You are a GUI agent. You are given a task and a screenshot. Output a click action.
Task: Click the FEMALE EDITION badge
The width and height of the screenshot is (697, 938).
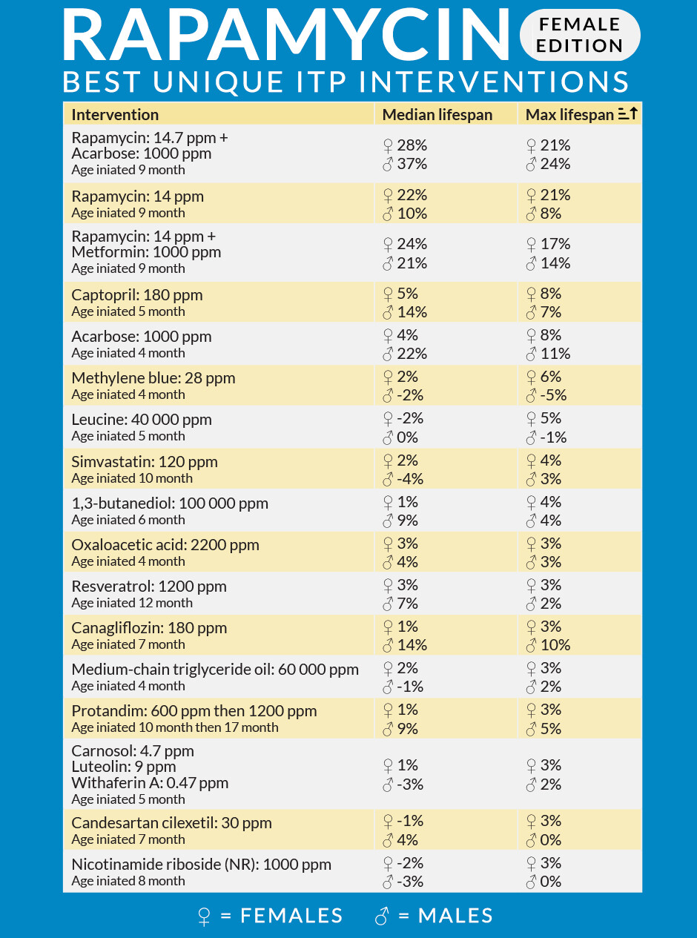click(x=580, y=35)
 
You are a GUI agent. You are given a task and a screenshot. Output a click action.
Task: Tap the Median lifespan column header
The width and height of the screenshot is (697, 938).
click(x=437, y=115)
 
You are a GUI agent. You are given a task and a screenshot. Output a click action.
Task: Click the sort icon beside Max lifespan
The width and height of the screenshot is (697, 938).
click(x=627, y=113)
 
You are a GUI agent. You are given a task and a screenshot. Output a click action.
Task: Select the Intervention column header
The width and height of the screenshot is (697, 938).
click(x=115, y=115)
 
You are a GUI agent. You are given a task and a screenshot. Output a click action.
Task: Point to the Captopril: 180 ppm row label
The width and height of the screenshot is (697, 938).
click(x=137, y=295)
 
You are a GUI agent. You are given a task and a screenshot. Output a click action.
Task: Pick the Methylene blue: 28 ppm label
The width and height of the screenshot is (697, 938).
click(x=153, y=377)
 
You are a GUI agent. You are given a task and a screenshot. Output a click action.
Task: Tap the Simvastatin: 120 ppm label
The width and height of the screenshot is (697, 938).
click(x=145, y=461)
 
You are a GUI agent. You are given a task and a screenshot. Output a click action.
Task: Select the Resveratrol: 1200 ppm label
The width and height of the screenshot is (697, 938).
click(x=149, y=586)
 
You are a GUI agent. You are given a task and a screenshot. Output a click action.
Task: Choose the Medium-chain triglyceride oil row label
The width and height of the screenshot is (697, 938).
click(x=215, y=669)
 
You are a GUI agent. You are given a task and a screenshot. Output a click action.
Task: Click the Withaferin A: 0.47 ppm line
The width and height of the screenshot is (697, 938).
click(x=150, y=783)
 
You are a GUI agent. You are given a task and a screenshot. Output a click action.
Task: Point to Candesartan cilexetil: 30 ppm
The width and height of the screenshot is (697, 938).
click(x=171, y=822)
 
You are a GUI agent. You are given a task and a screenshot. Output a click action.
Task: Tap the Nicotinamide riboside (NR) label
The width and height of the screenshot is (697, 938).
click(x=202, y=864)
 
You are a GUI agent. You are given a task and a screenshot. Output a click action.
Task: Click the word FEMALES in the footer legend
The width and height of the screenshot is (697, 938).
click(x=291, y=916)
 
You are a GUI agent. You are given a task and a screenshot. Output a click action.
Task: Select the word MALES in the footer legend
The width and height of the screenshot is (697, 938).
click(x=455, y=916)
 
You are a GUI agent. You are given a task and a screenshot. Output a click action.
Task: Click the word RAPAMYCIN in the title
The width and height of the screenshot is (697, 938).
click(x=287, y=35)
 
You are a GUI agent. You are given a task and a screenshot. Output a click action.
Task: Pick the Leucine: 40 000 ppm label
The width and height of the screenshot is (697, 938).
click(x=142, y=419)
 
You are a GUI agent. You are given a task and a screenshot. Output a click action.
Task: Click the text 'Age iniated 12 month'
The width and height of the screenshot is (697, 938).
click(x=132, y=603)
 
